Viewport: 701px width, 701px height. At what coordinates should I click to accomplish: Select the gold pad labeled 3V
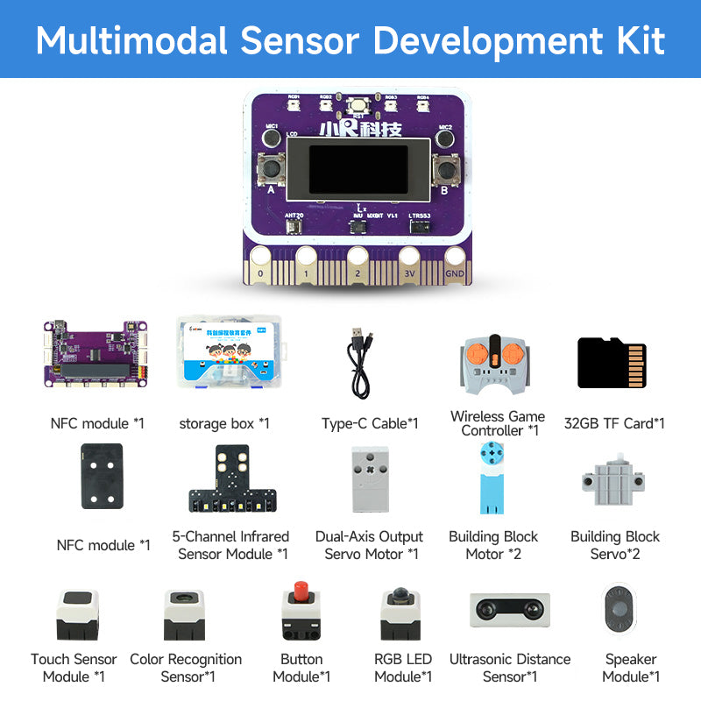click(408, 262)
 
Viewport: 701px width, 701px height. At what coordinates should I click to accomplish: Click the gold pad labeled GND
click(455, 262)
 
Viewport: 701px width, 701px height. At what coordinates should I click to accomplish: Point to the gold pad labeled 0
click(259, 262)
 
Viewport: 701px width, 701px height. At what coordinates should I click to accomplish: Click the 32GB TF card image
click(612, 363)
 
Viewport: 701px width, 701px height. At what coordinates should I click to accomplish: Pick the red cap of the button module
click(301, 593)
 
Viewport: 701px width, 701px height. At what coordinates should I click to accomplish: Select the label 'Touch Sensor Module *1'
click(74, 668)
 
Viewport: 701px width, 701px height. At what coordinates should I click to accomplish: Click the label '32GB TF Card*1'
click(615, 423)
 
